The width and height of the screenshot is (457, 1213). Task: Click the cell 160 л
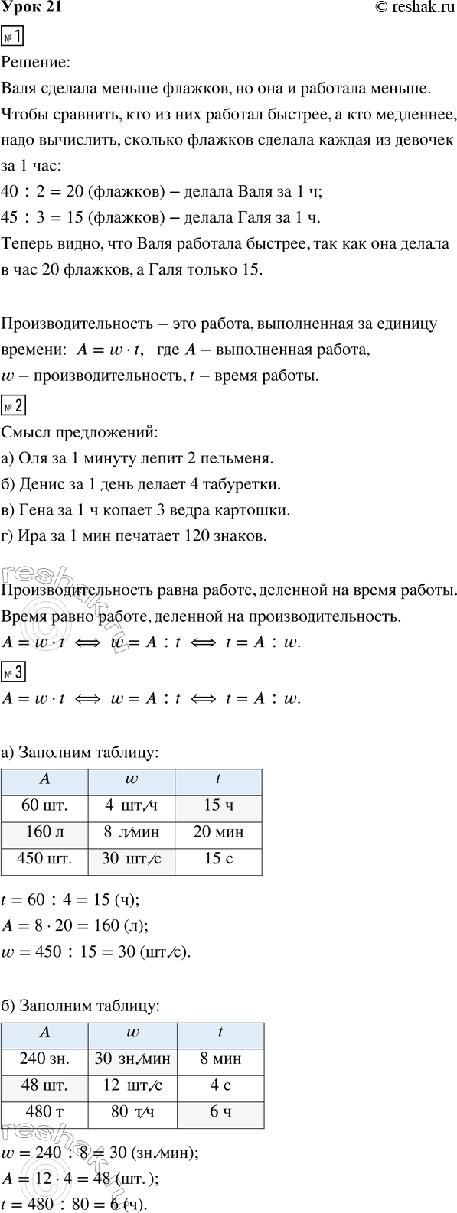click(45, 833)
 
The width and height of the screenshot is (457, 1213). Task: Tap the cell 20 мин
click(218, 833)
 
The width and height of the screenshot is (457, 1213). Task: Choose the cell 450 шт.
click(45, 860)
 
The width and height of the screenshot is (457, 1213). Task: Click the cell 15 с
click(218, 860)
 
